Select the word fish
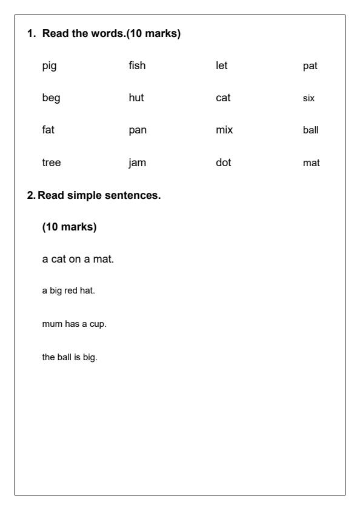tap(137, 65)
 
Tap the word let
tap(221, 65)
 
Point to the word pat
tap(310, 66)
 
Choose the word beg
tap(52, 99)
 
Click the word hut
tap(136, 98)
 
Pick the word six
tap(308, 98)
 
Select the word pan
tap(138, 130)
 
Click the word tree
tap(52, 162)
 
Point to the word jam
tap(138, 163)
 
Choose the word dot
tap(224, 162)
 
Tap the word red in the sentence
tap(71, 290)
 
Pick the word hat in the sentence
tap(88, 290)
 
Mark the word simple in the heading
tap(81, 195)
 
